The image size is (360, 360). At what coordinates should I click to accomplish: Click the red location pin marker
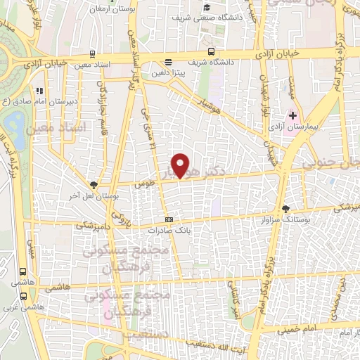pos(181,166)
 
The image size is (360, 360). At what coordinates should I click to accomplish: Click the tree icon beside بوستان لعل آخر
pos(93,184)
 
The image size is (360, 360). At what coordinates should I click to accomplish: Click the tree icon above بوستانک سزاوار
pos(285,208)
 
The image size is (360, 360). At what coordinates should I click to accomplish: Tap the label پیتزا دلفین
pos(167,71)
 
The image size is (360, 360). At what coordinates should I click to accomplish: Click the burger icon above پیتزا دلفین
pos(167,61)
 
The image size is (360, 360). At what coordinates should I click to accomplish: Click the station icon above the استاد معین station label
pos(94,53)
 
